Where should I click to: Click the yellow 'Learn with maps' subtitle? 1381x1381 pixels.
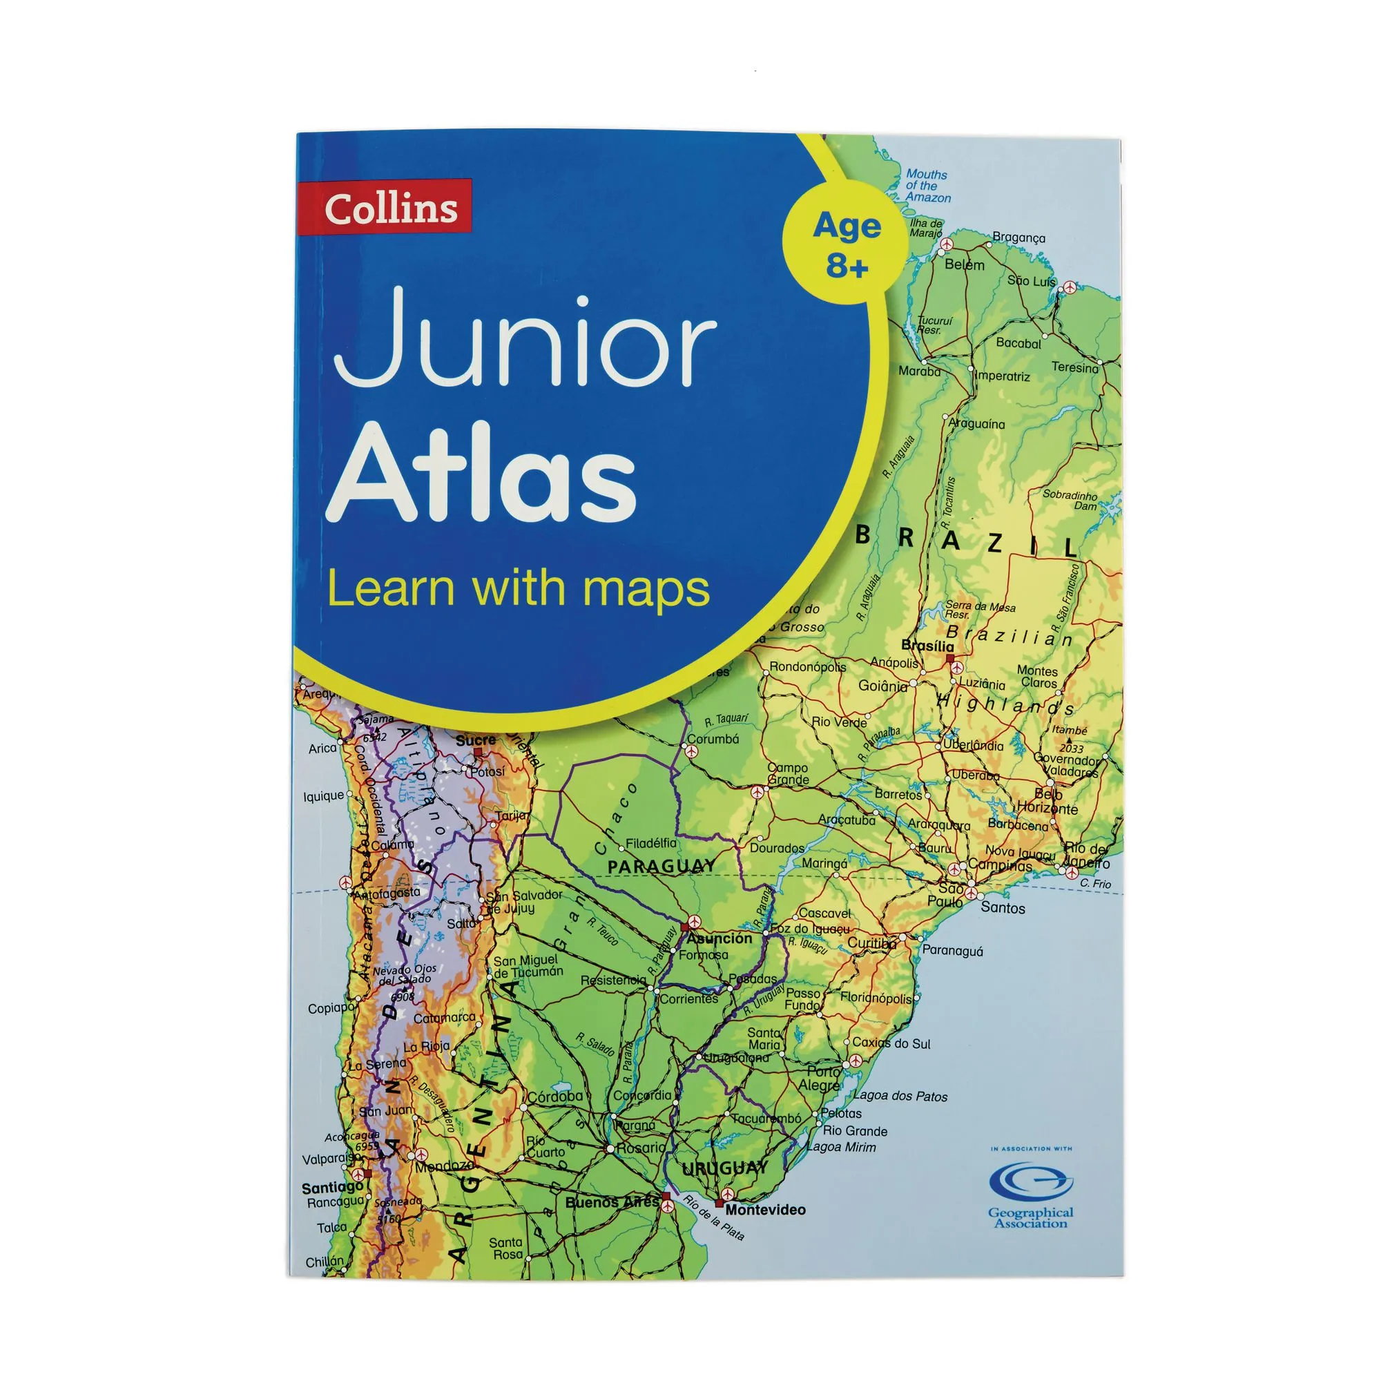(x=519, y=589)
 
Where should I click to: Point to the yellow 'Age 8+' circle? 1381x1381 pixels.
(x=847, y=243)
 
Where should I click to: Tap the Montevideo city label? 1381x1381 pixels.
(x=765, y=1210)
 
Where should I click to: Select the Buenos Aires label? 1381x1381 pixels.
(x=611, y=1201)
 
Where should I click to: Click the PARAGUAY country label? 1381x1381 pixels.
(x=661, y=867)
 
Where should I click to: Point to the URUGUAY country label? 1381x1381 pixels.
(x=724, y=1169)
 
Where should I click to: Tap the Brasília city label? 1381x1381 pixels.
(x=927, y=646)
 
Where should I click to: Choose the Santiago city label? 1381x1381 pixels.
(x=332, y=1187)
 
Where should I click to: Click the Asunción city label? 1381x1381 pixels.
(x=719, y=938)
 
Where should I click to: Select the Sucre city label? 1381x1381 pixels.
(x=475, y=740)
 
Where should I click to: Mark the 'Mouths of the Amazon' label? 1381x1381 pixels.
(x=928, y=186)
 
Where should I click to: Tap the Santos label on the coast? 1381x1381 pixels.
(x=1003, y=908)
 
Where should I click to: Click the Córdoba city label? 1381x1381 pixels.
(x=555, y=1096)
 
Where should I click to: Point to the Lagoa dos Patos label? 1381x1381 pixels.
(x=900, y=1096)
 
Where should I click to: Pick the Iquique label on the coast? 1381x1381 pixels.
(x=323, y=795)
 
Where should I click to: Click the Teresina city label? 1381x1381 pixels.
(x=1074, y=367)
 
